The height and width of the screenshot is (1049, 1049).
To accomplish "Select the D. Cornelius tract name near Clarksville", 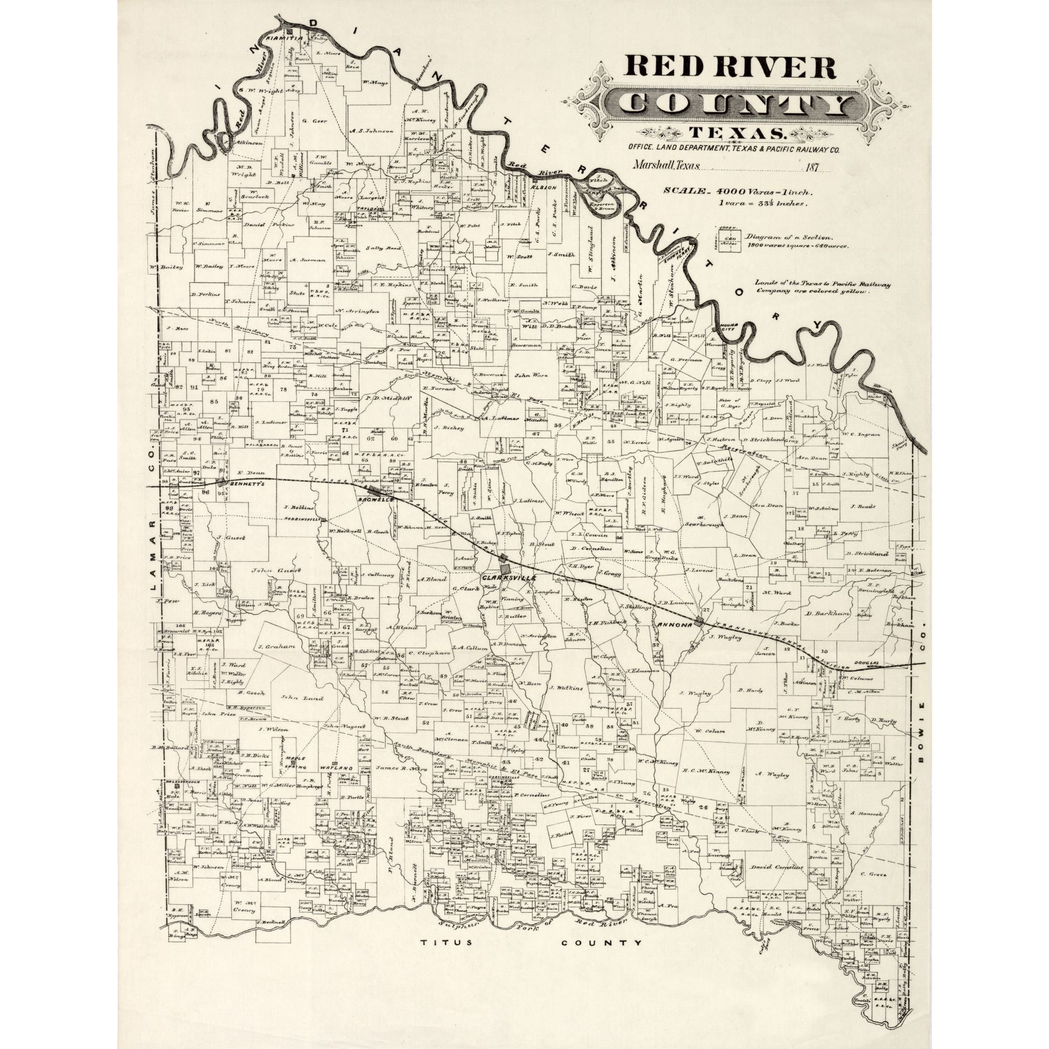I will pos(584,549).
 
